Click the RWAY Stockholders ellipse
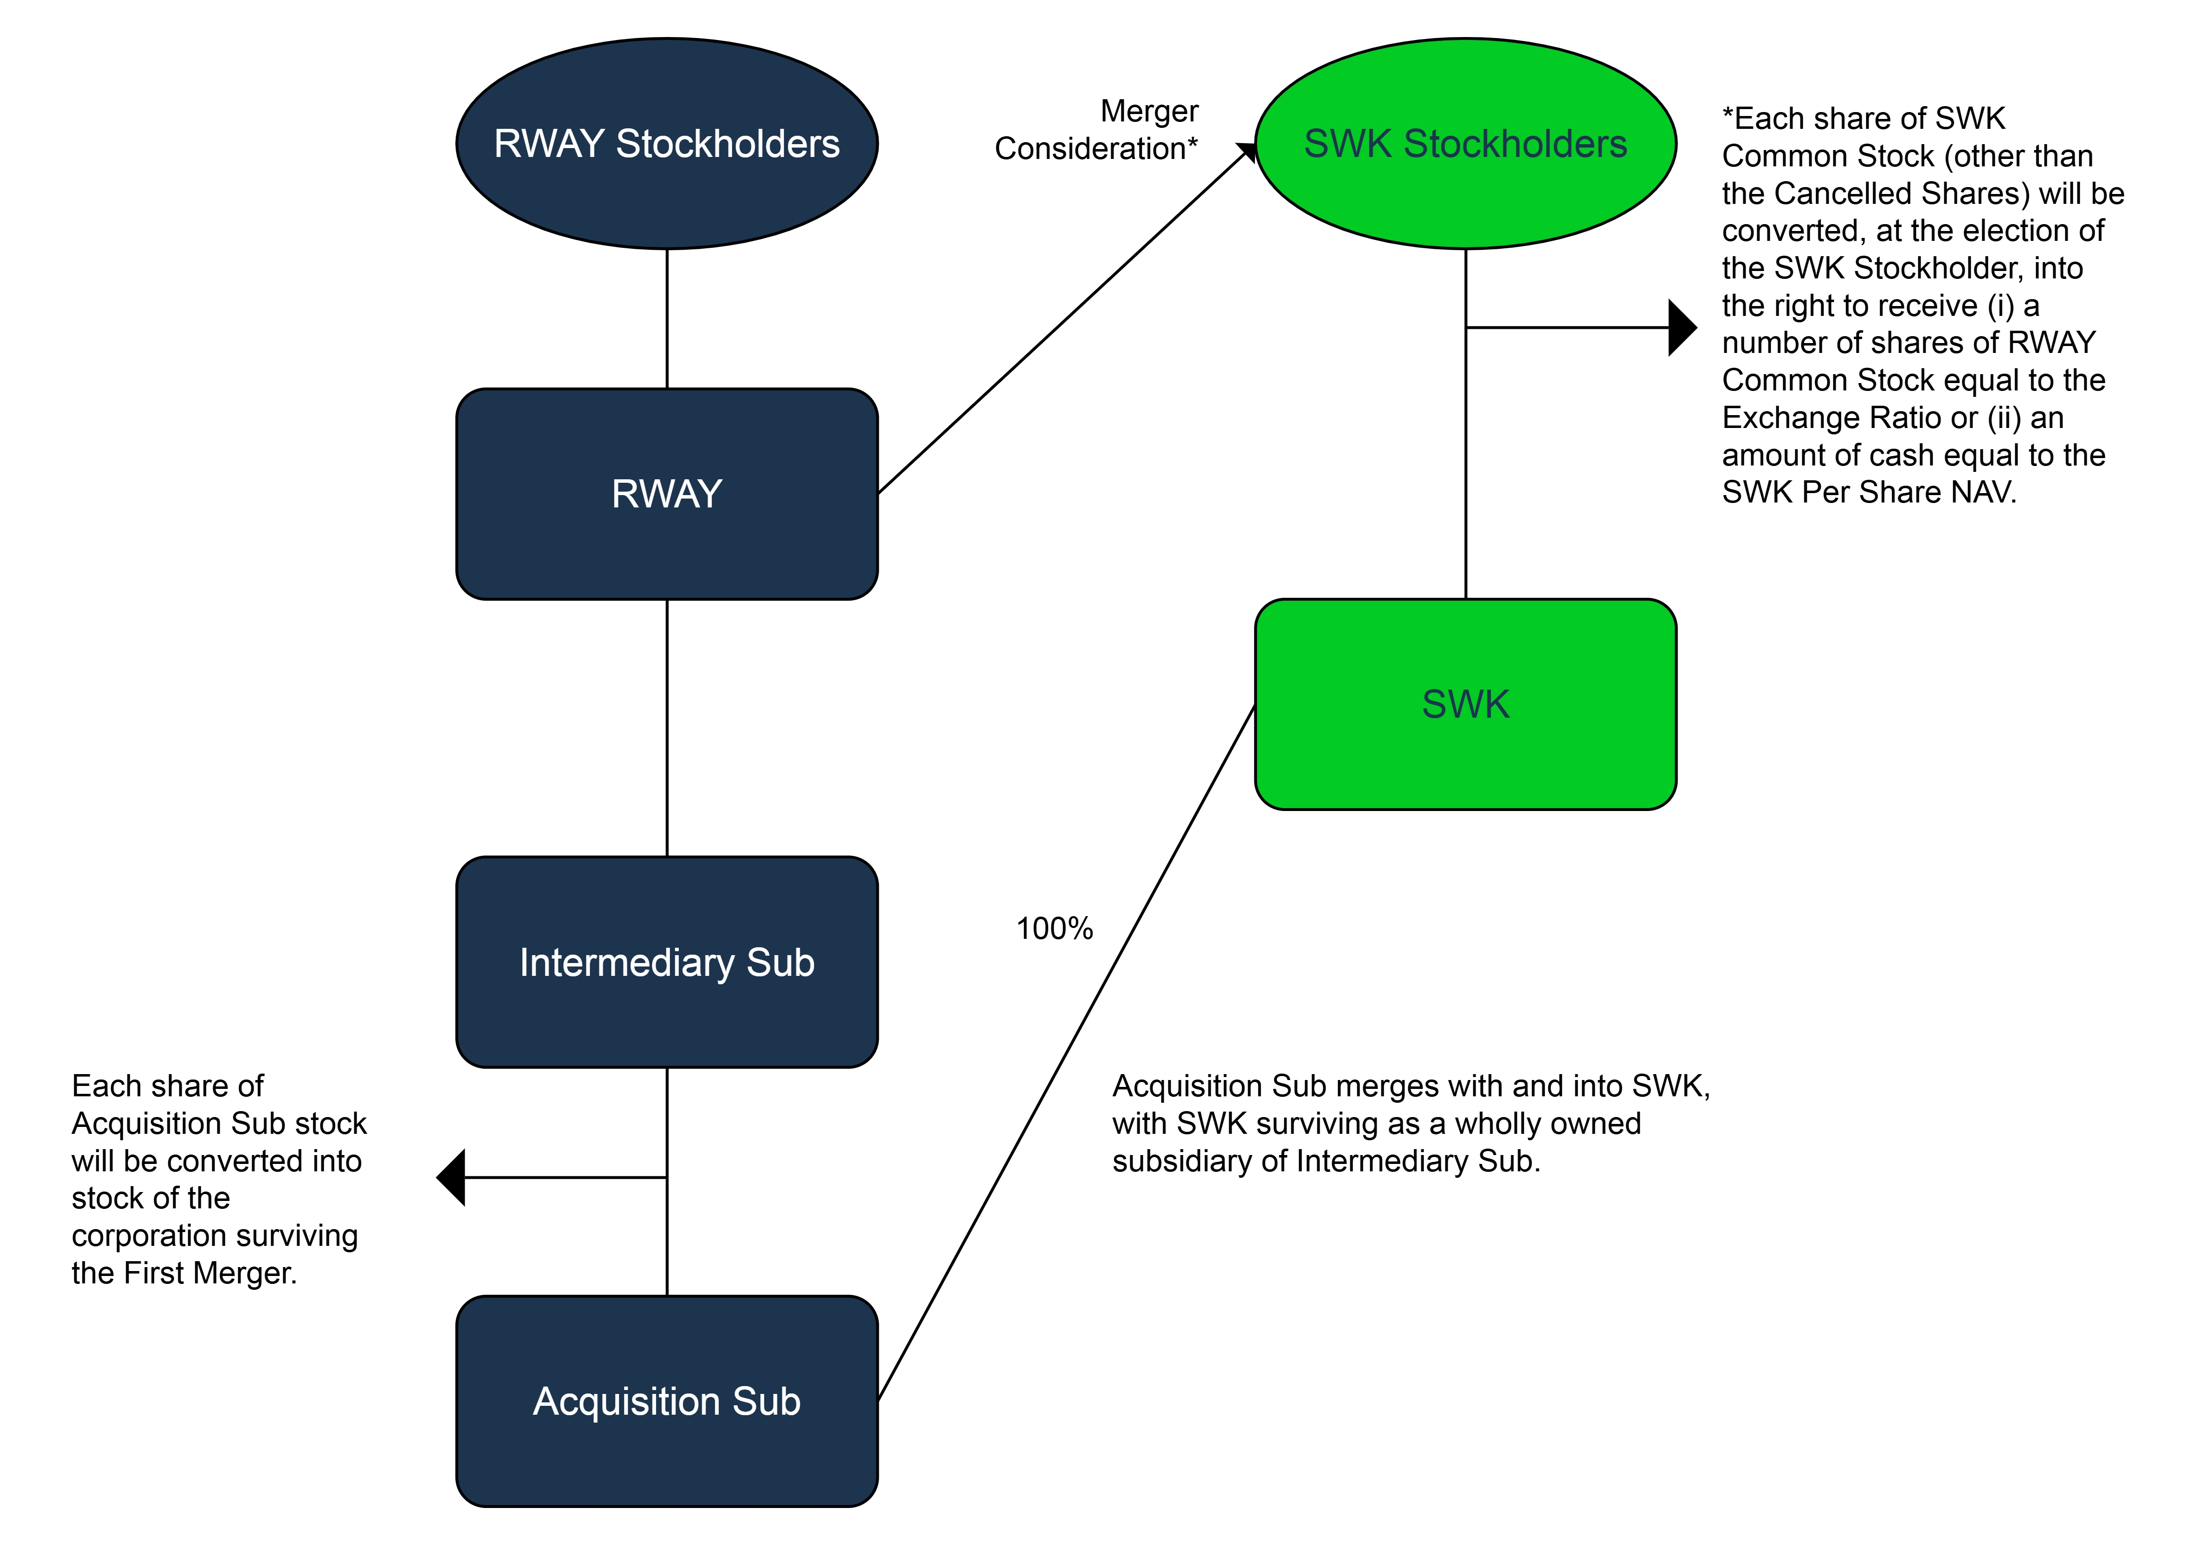(x=667, y=144)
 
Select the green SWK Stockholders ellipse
(x=1465, y=144)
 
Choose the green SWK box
(x=1465, y=704)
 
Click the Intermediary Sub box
(x=667, y=962)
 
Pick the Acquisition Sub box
(x=667, y=1401)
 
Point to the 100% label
(x=1054, y=928)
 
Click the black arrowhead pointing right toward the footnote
(x=1682, y=328)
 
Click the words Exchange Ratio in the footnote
(x=1802, y=418)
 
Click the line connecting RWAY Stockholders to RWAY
(x=667, y=318)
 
